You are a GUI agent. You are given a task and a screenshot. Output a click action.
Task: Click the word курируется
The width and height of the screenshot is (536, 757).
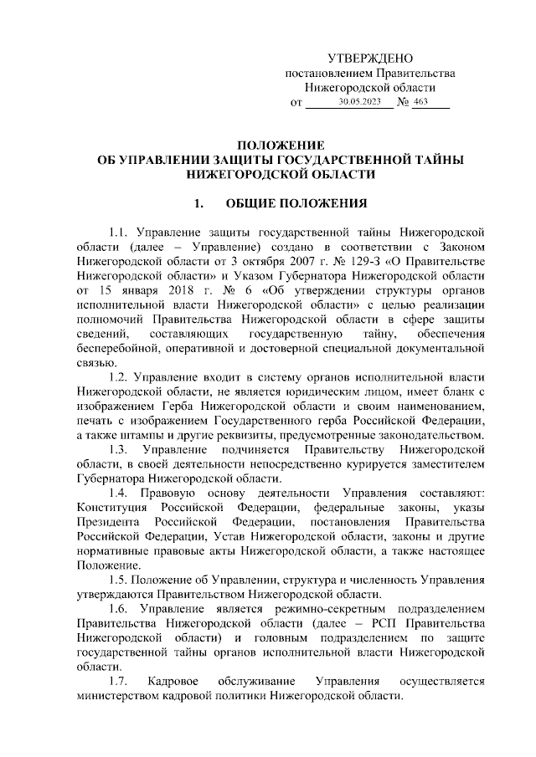click(342, 464)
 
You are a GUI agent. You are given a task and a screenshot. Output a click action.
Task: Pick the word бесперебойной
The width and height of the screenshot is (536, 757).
click(115, 347)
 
